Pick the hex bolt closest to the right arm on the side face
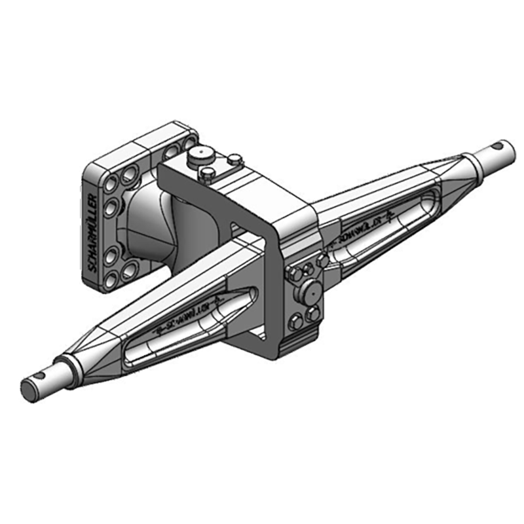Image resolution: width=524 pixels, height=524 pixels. click(x=322, y=261)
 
